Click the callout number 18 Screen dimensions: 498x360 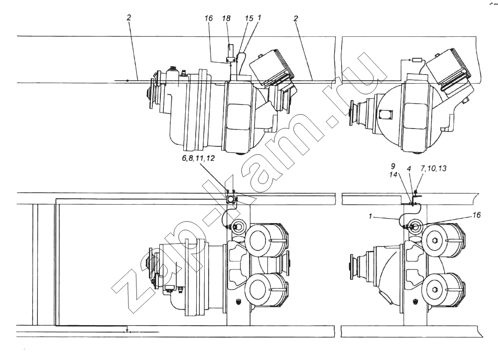226,18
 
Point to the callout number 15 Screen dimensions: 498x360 249,18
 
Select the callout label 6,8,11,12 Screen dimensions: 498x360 199,158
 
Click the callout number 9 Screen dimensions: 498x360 393,166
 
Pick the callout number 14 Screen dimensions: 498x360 393,174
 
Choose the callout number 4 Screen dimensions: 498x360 409,169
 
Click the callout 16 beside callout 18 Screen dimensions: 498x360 208,18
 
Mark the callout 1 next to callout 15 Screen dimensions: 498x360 259,18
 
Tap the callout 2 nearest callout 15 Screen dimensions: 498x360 296,18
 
